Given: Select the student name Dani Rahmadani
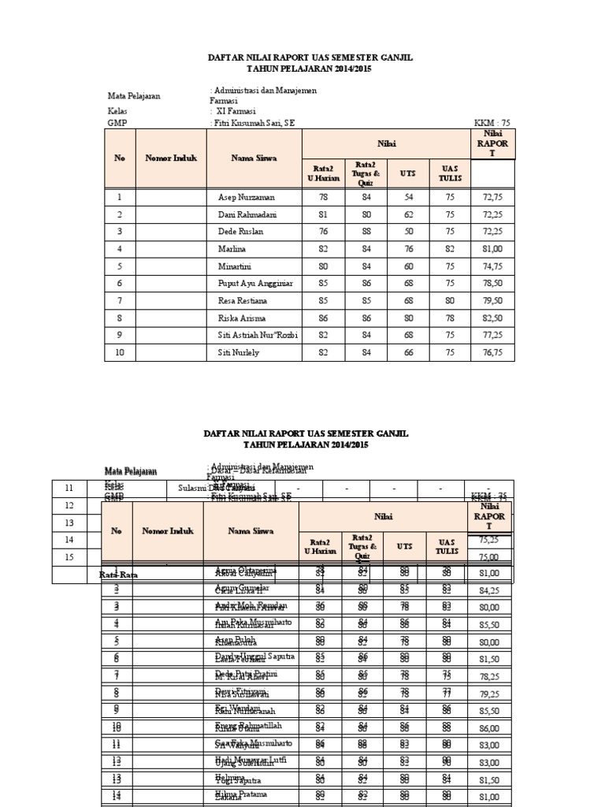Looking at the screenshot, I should point(247,214).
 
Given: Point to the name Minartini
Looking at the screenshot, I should point(235,266).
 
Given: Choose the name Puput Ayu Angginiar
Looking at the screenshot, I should point(255,284).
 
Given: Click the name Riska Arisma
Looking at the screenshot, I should point(240,318).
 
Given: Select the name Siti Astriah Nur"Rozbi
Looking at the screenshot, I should point(258,336).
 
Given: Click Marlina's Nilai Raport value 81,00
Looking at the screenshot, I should point(492,249).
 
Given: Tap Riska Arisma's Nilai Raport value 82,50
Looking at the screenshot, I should point(492,318).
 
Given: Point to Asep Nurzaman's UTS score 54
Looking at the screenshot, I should point(409,197).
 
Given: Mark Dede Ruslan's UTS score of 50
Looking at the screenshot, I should point(409,232).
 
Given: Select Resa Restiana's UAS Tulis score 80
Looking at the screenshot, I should point(450,301).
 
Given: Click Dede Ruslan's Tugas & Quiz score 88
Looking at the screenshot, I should point(365,232).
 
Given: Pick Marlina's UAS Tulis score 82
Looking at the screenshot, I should point(450,249).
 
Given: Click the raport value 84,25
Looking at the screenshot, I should point(489,589).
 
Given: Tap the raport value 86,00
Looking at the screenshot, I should point(489,728).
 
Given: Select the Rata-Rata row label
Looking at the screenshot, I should point(118,575).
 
